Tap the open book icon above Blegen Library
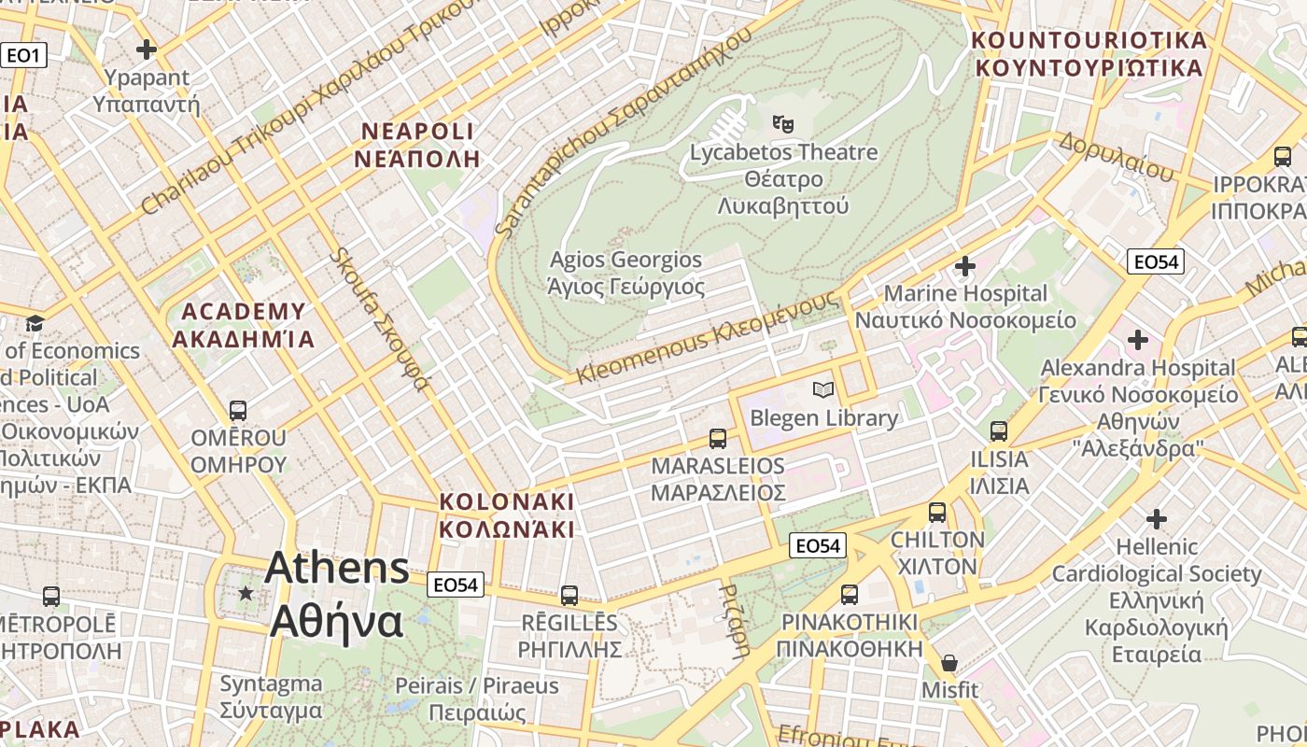[x=822, y=389]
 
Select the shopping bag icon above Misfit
[x=949, y=663]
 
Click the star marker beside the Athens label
[x=246, y=593]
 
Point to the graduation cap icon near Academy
[x=35, y=323]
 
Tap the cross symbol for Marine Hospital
[x=965, y=267]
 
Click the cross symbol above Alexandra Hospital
[x=1138, y=340]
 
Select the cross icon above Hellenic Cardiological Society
[x=1157, y=519]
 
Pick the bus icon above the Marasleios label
[x=717, y=438]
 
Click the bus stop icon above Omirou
[x=238, y=411]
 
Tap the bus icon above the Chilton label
[x=937, y=513]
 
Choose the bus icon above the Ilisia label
[x=999, y=431]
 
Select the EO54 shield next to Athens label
[x=457, y=585]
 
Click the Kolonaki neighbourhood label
[x=507, y=514]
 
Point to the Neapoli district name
[x=417, y=144]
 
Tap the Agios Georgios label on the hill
[x=625, y=273]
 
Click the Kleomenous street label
[x=707, y=337]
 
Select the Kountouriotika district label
[x=1089, y=54]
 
